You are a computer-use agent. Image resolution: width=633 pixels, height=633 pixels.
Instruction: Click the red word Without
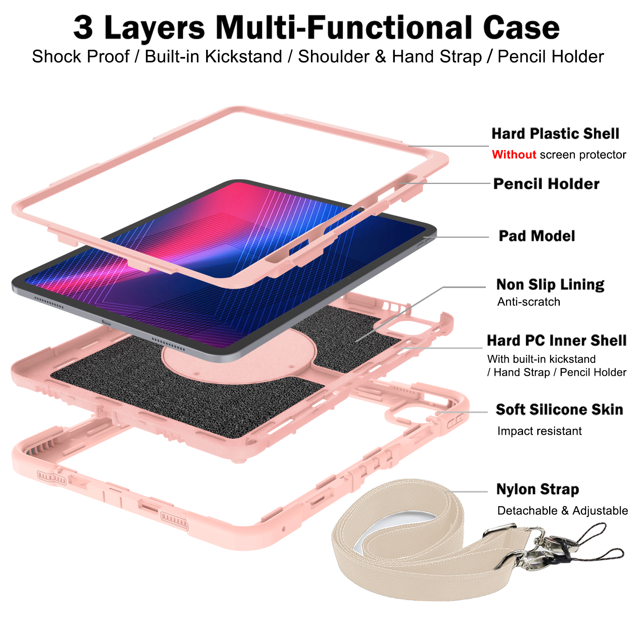[x=514, y=154]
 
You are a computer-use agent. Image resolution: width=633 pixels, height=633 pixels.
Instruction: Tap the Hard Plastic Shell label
[x=555, y=134]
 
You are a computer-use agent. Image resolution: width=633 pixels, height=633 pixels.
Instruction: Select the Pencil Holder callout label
[x=546, y=184]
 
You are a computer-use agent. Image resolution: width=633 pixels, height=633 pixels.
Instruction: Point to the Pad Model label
[x=537, y=236]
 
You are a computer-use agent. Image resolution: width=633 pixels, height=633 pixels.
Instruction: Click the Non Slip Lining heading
[x=550, y=284]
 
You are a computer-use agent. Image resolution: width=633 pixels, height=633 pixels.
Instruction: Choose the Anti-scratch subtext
[x=529, y=302]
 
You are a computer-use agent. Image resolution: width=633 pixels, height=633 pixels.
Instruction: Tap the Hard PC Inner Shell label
[x=557, y=341]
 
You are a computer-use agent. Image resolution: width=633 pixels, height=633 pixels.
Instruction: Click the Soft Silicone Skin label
[x=559, y=409]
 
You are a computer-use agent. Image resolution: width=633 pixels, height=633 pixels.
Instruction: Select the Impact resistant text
[x=539, y=431]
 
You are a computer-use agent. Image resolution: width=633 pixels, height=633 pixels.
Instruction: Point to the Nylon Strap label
[x=538, y=489]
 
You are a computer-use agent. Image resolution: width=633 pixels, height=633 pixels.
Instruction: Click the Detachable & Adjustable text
[x=563, y=511]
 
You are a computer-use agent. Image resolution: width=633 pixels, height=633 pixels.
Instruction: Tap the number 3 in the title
[x=83, y=28]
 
